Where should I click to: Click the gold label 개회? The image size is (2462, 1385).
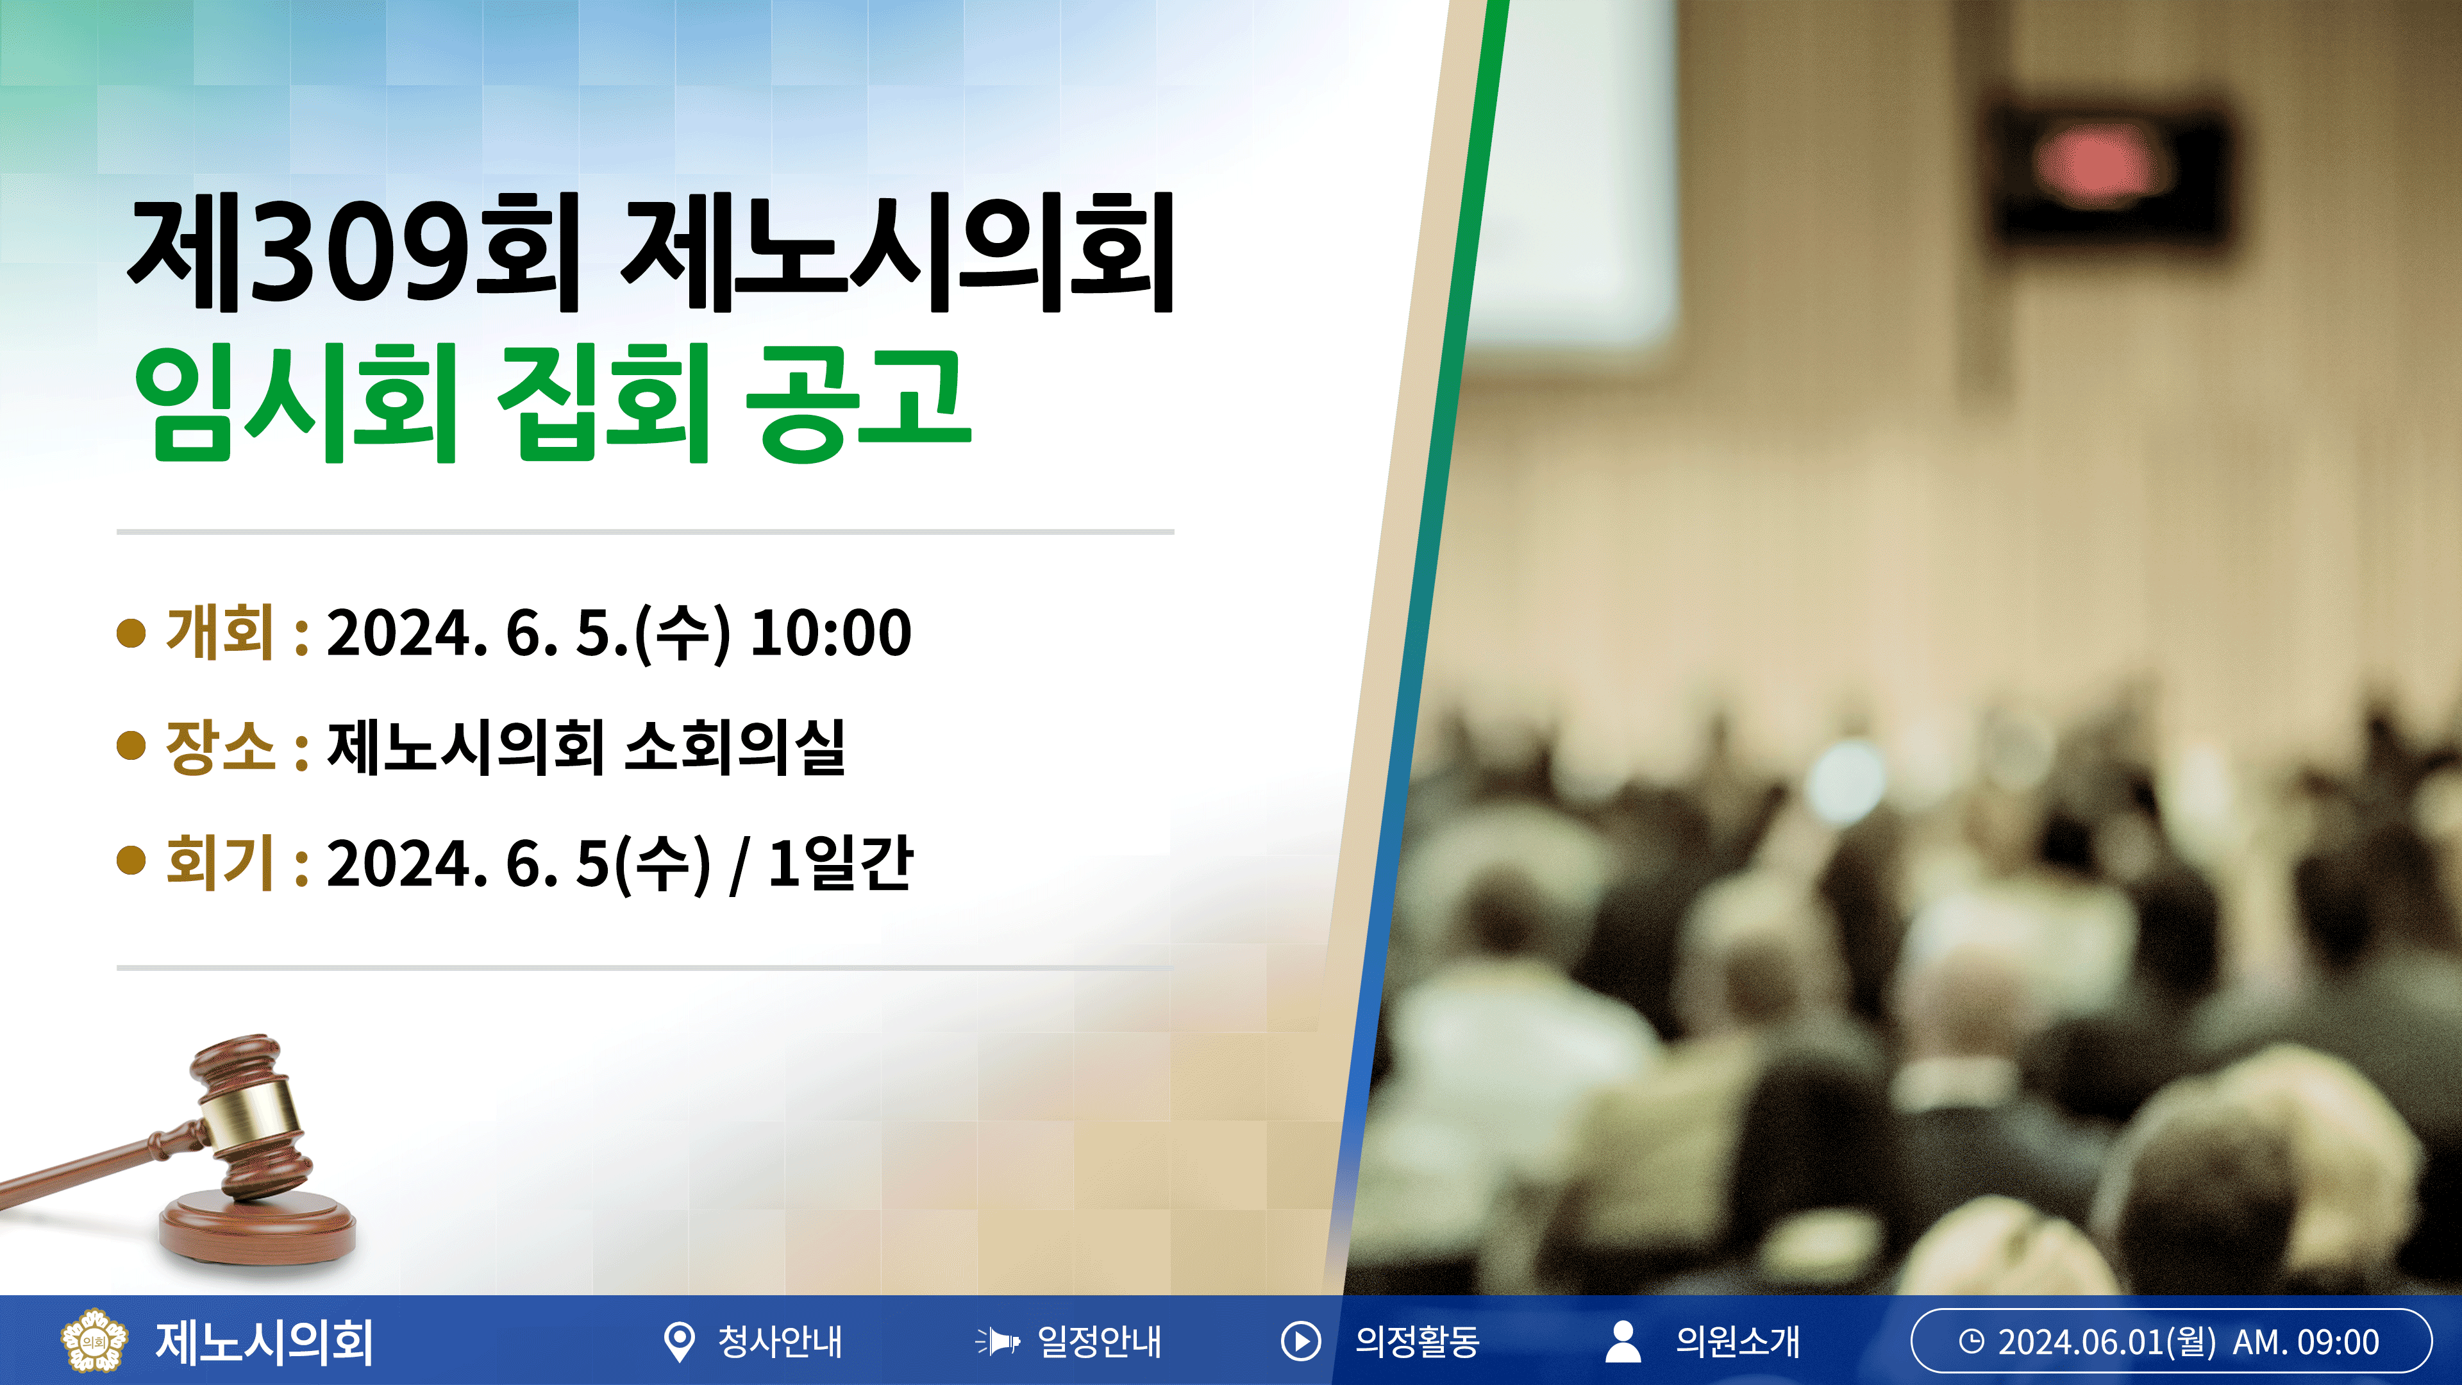220,632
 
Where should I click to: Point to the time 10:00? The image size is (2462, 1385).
830,632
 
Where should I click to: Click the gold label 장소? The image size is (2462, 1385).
220,746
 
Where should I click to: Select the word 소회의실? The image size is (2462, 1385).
735,746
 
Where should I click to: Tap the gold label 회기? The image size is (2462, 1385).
220,861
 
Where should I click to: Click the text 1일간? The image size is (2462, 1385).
840,861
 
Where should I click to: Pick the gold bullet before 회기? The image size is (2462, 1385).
131,860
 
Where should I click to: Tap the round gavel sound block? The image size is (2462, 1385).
257,1225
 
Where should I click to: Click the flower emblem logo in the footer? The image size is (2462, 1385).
93,1340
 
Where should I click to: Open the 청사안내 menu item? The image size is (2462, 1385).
753,1341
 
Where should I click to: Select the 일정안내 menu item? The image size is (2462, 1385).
1069,1341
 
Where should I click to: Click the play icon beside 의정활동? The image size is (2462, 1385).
1301,1341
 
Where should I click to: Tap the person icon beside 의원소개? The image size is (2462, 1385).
1623,1341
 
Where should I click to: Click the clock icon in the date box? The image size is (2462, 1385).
1971,1341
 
